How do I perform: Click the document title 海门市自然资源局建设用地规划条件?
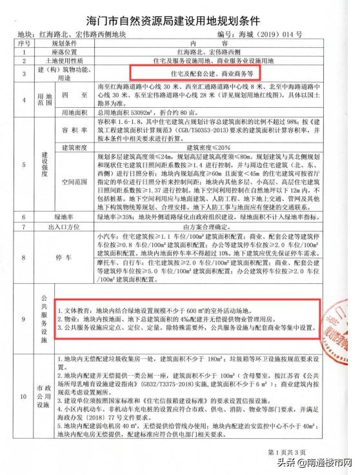click(179, 15)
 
